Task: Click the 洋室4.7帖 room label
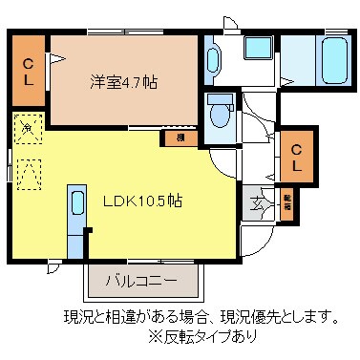click(124, 82)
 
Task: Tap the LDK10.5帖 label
click(143, 202)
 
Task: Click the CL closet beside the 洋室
click(30, 72)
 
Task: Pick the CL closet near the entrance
click(297, 158)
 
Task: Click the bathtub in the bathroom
click(333, 61)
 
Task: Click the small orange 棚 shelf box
click(180, 138)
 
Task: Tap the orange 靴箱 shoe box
click(286, 202)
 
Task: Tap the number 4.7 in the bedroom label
click(134, 82)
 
